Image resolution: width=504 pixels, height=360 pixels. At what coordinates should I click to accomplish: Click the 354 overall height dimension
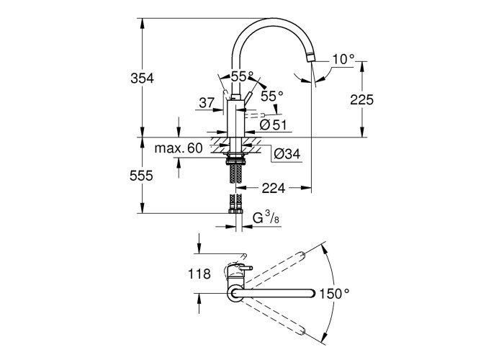pos(142,78)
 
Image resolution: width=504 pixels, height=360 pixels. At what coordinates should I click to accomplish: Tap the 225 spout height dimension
pos(361,100)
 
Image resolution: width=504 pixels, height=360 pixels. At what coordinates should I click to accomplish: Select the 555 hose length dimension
pos(141,176)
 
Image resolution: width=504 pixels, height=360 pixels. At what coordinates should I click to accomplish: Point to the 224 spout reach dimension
pos(274,189)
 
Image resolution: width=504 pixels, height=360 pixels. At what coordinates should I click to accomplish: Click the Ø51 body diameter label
pos(273,125)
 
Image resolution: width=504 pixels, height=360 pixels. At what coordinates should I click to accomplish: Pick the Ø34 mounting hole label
pos(287,154)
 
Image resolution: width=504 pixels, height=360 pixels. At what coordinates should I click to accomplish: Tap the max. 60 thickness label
pos(179,148)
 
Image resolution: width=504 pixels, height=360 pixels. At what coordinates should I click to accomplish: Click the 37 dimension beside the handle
pos(207,103)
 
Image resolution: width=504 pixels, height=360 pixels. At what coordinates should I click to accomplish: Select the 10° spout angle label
pos(343,59)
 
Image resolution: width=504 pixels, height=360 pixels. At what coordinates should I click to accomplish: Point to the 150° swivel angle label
pos(334,294)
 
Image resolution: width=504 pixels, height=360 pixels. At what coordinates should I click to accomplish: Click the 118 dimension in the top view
pos(199,274)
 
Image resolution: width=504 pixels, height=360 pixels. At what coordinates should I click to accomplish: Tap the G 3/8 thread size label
pos(266,219)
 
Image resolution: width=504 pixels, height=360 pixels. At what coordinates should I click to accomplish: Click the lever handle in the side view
pos(248,96)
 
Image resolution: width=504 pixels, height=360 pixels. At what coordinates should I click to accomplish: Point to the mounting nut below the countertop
pos(236,159)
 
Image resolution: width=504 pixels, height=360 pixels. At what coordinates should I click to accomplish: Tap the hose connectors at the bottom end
pos(236,211)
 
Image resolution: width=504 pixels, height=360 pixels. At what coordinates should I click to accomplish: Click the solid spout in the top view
pos(273,293)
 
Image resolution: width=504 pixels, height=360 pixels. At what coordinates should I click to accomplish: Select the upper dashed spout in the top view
pos(276,269)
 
